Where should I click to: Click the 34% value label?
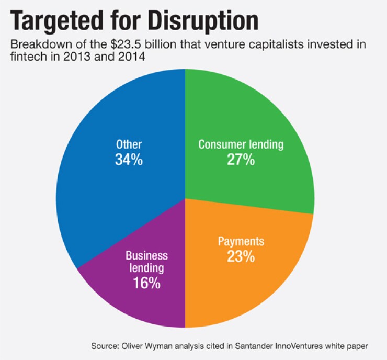pos(129,160)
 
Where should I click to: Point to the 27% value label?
pos(241,160)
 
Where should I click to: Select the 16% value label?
pos(146,284)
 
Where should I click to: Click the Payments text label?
pos(241,242)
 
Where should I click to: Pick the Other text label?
pos(129,144)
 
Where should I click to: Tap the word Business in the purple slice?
pos(146,256)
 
